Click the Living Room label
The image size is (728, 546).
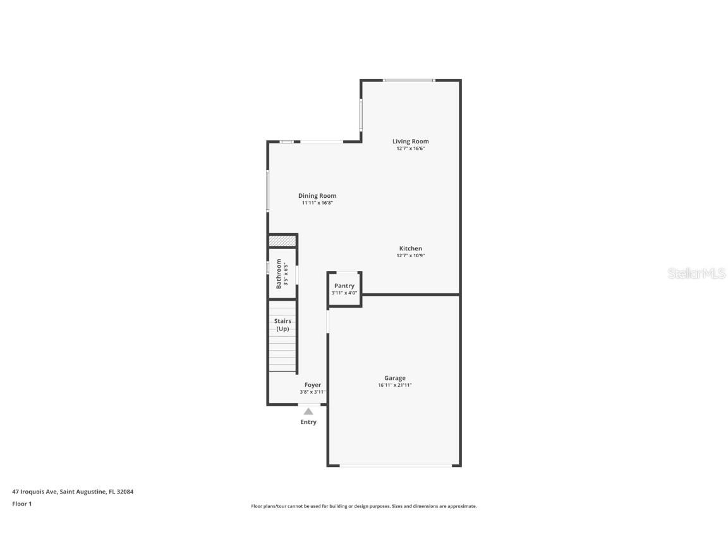click(410, 142)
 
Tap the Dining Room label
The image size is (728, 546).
click(317, 196)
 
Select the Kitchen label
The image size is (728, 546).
click(410, 248)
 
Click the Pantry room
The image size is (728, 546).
click(344, 289)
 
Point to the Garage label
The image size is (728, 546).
click(395, 378)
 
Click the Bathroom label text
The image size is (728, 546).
click(279, 274)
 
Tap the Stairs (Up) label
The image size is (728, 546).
click(282, 325)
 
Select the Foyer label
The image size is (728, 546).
click(313, 385)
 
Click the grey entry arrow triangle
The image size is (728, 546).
click(308, 411)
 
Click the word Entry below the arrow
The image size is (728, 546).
click(308, 422)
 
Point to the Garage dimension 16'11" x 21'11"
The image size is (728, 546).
click(395, 385)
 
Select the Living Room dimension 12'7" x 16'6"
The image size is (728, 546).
click(410, 149)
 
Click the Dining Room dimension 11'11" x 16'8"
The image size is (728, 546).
click(317, 203)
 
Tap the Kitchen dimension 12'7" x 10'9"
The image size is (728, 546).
click(410, 256)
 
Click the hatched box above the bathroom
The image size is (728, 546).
click(282, 241)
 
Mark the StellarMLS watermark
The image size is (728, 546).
click(696, 273)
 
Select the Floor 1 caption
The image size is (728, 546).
click(21, 504)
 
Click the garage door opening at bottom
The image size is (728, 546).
click(396, 466)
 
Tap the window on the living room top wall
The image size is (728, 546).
click(409, 80)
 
